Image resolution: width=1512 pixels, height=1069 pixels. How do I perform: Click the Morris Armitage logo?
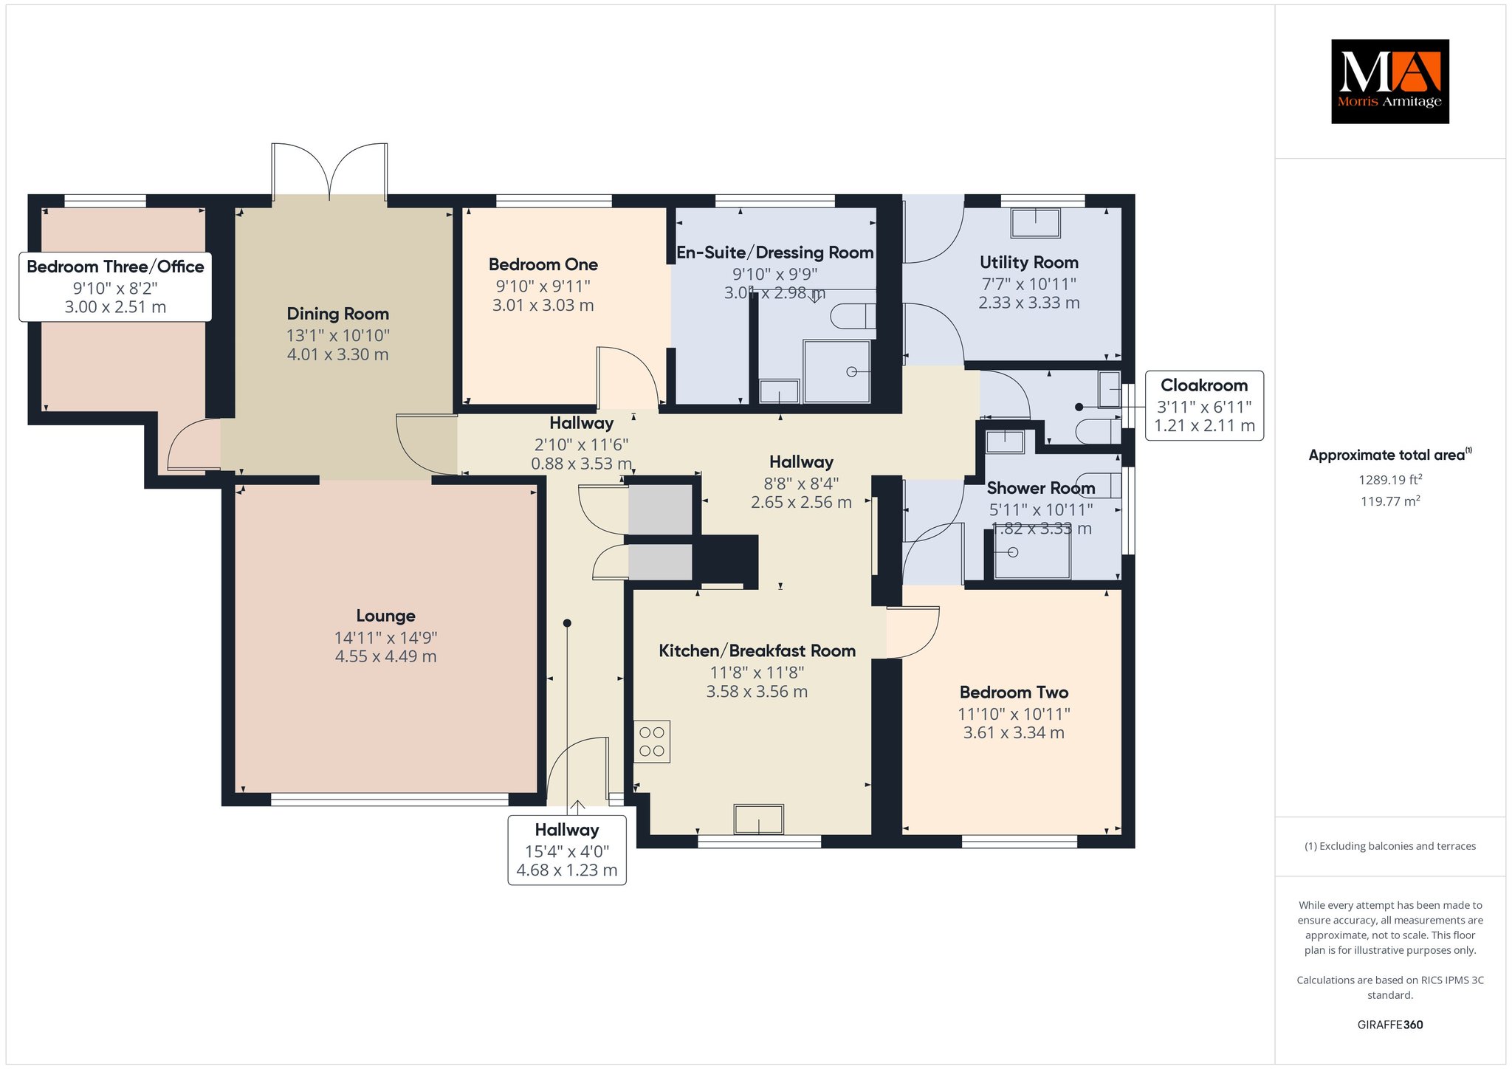[x=1389, y=81]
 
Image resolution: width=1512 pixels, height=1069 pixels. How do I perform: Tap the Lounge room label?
[x=385, y=616]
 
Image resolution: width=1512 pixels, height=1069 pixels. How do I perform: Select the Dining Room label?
[x=337, y=314]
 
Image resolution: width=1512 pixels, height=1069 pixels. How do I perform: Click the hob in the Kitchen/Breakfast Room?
[x=652, y=741]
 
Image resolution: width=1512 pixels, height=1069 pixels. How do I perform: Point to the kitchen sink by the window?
[x=758, y=819]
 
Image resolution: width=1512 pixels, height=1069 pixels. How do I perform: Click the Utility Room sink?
[x=1035, y=223]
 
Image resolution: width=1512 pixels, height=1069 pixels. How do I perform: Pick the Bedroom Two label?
[x=1014, y=692]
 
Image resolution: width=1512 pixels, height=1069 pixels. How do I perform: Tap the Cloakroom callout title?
[x=1204, y=385]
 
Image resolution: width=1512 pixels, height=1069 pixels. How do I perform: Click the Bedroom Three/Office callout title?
[x=115, y=267]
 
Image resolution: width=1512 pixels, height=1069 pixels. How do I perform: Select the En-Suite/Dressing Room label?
[x=775, y=252]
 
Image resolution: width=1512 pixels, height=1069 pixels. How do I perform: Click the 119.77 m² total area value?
[x=1390, y=501]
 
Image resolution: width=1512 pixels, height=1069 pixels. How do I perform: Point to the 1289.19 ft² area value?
[x=1390, y=479]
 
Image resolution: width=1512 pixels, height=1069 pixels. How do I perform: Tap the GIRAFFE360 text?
[x=1390, y=1025]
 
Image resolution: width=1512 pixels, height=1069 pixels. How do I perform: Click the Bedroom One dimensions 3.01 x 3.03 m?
[x=543, y=305]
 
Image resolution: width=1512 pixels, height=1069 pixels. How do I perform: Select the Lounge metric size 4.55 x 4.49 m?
[x=385, y=656]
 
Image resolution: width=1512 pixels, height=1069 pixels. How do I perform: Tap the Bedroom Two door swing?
[x=913, y=632]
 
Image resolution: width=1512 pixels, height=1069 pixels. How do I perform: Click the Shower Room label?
[x=1040, y=488]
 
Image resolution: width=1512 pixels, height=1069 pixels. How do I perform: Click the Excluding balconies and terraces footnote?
[x=1390, y=846]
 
